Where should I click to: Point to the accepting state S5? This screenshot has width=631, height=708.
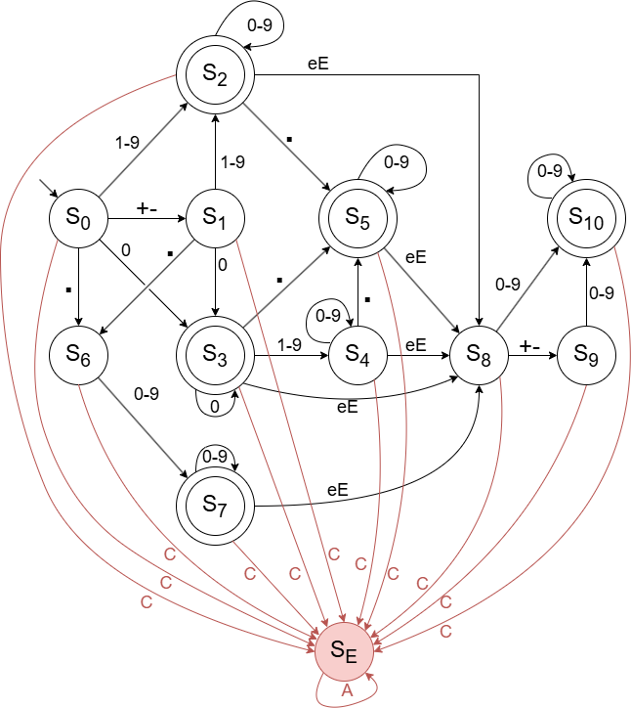coord(358,220)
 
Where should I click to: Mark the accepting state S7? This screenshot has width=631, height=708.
coord(215,504)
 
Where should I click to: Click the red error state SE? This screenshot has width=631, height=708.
coord(343,647)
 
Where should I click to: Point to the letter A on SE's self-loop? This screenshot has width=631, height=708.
coord(345,689)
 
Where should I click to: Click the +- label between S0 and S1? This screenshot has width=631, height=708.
coord(147,208)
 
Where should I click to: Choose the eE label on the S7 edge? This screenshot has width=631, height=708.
coord(338,489)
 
